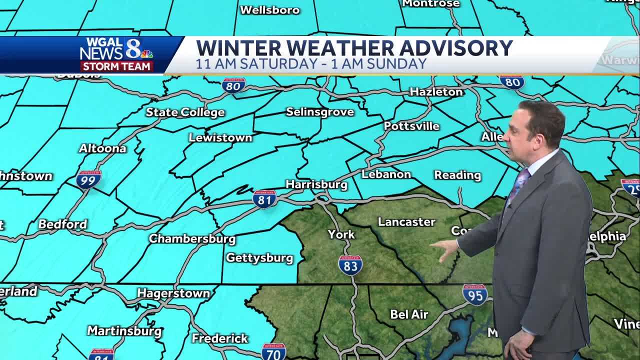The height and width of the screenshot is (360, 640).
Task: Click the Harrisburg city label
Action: [316, 184]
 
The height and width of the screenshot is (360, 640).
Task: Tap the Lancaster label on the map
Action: [406, 221]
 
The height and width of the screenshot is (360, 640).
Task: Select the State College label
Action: [185, 112]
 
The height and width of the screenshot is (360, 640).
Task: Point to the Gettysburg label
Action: [259, 258]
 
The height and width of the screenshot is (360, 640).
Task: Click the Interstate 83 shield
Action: [350, 265]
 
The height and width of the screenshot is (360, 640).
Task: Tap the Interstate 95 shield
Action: [474, 294]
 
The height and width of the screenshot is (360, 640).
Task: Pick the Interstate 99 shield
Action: [88, 179]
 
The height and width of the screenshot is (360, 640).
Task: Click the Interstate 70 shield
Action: [273, 352]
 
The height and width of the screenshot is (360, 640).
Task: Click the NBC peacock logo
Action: [147, 53]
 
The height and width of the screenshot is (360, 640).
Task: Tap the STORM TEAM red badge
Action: [117, 66]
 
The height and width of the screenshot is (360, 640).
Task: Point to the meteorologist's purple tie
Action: [518, 185]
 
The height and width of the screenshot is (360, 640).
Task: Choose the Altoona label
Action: [102, 148]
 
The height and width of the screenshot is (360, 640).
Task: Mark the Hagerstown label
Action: [173, 293]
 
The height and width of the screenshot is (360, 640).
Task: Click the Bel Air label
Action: [409, 314]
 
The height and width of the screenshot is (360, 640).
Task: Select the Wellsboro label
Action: [269, 10]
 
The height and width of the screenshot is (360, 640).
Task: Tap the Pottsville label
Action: [411, 126]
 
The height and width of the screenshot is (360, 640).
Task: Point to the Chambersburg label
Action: [192, 238]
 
